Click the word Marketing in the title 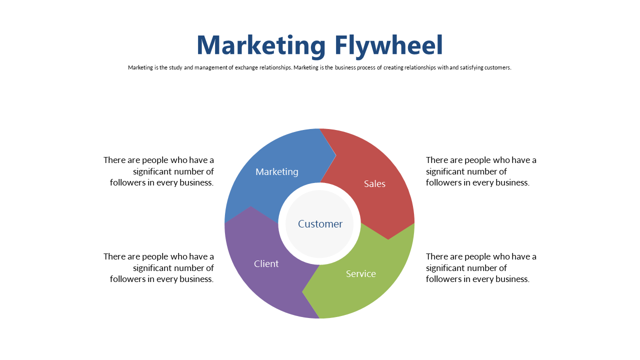(261, 45)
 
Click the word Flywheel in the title (388, 45)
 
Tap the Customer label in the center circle (320, 224)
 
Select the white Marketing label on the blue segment (277, 171)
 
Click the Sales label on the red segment (374, 183)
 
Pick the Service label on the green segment (361, 273)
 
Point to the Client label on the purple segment (266, 263)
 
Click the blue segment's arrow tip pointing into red (335, 155)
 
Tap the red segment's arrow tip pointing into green (388, 239)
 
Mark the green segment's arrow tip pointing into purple (302, 291)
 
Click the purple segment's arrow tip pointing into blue (251, 206)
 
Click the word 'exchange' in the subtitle (246, 67)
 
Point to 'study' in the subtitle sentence (175, 67)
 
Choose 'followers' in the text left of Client (127, 279)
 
